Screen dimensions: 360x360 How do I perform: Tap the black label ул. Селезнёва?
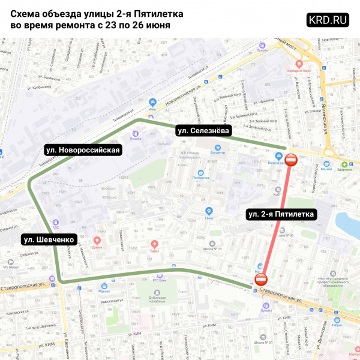tap(203, 131)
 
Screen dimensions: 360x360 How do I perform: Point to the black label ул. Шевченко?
tap(48, 240)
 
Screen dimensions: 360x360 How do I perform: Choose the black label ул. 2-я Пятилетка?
tap(280, 214)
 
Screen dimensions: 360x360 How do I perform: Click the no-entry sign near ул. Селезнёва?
tap(291, 160)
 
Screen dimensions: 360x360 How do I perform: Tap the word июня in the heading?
tap(155, 26)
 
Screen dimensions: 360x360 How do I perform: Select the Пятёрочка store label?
tap(200, 178)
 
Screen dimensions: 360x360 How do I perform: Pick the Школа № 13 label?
tap(212, 248)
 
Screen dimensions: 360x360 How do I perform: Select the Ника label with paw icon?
tap(209, 218)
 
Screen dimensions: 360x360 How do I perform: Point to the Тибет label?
tap(155, 251)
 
